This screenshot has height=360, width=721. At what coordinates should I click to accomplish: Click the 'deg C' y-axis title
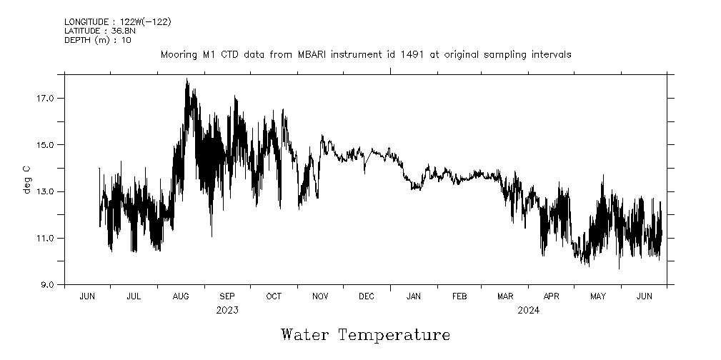point(27,179)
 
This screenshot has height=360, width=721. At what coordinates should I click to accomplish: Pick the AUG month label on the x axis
point(181,296)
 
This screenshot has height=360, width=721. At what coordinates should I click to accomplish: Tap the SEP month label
point(227,296)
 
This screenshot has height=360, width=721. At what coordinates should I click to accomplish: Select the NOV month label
point(320,296)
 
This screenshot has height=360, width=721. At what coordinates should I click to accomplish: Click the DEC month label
point(367,296)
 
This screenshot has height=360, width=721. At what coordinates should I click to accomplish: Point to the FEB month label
point(459,296)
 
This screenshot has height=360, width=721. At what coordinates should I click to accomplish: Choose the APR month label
point(552,296)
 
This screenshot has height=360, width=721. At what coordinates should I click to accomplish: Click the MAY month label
point(598,296)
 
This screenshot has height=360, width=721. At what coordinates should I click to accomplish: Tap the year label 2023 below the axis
point(227,310)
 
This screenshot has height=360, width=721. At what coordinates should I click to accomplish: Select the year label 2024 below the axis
point(529,310)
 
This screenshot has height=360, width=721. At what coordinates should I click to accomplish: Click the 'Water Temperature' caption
point(366,334)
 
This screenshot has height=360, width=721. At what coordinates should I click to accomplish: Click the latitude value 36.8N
point(123,31)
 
